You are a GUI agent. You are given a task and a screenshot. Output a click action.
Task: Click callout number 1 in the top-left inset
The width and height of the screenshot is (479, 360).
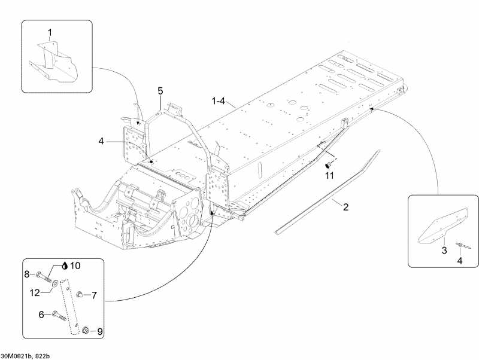pyautogui.click(x=50, y=32)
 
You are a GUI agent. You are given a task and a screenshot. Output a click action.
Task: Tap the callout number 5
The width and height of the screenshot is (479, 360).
pyautogui.click(x=160, y=91)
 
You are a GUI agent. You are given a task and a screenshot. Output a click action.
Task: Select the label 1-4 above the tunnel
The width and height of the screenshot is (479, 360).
pyautogui.click(x=219, y=100)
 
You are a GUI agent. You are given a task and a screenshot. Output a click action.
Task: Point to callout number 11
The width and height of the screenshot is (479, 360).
pyautogui.click(x=329, y=176)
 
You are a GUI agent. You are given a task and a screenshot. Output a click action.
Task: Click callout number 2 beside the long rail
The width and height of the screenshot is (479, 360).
pyautogui.click(x=346, y=207)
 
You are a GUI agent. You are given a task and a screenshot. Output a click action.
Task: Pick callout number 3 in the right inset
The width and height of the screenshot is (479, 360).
pyautogui.click(x=444, y=251)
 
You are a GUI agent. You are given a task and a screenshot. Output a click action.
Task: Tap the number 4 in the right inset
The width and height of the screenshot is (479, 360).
pyautogui.click(x=460, y=261)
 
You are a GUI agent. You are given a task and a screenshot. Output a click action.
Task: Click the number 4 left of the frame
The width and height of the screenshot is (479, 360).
pyautogui.click(x=101, y=141)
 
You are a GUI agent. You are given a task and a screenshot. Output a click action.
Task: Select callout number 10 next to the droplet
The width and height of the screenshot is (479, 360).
pyautogui.click(x=75, y=266)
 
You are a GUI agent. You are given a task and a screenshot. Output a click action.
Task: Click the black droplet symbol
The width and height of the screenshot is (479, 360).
pyautogui.click(x=65, y=266)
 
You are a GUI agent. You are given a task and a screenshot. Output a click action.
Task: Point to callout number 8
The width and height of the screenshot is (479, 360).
pyautogui.click(x=27, y=274)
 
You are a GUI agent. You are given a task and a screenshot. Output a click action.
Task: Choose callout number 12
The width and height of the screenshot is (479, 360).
pyautogui.click(x=35, y=293)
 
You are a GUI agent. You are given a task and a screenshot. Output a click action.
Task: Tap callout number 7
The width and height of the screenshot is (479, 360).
pyautogui.click(x=94, y=295)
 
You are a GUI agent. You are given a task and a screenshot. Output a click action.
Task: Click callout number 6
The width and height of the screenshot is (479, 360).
pyautogui.click(x=41, y=314)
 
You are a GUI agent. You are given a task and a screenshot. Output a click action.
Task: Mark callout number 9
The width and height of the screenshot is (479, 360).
pyautogui.click(x=100, y=332)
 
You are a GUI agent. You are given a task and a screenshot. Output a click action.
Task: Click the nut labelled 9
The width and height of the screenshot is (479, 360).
pyautogui.click(x=86, y=330)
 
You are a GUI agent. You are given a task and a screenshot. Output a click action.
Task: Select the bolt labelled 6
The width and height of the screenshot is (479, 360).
pyautogui.click(x=59, y=315)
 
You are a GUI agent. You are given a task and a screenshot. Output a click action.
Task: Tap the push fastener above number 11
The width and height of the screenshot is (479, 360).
pyautogui.click(x=329, y=165)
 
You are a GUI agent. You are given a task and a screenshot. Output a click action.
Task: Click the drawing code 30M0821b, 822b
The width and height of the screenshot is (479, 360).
pyautogui.click(x=25, y=356)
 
